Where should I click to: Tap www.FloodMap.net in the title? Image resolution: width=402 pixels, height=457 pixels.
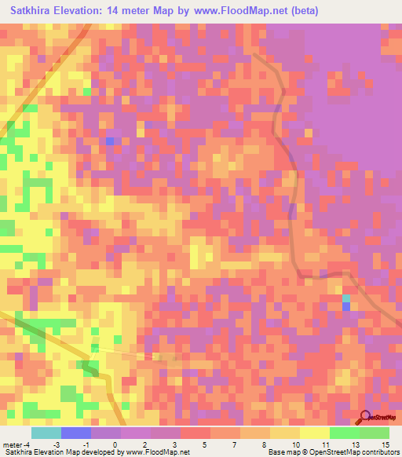(x=240, y=11)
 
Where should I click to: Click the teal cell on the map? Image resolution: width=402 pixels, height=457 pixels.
(x=345, y=298)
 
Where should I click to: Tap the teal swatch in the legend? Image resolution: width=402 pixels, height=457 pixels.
(x=46, y=433)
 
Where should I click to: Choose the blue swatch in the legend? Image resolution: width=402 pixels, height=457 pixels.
(x=76, y=433)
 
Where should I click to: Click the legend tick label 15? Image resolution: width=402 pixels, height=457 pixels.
(x=386, y=444)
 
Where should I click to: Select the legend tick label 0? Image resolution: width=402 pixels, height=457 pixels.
(x=115, y=444)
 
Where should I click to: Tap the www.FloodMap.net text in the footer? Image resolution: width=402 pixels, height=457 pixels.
(x=158, y=452)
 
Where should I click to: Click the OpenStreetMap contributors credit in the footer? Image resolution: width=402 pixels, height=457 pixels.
(x=360, y=452)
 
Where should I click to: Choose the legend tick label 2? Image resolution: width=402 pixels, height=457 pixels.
(x=146, y=444)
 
